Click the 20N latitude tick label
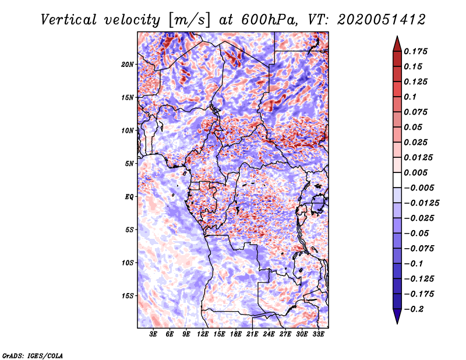[128, 64]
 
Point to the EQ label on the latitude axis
[129, 197]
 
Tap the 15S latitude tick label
[128, 296]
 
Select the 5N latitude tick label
[129, 164]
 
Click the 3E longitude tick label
[154, 334]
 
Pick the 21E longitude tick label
[252, 334]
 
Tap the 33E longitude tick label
[318, 334]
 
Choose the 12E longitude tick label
[203, 334]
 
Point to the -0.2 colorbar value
[415, 309]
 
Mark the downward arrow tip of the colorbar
[396, 322]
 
